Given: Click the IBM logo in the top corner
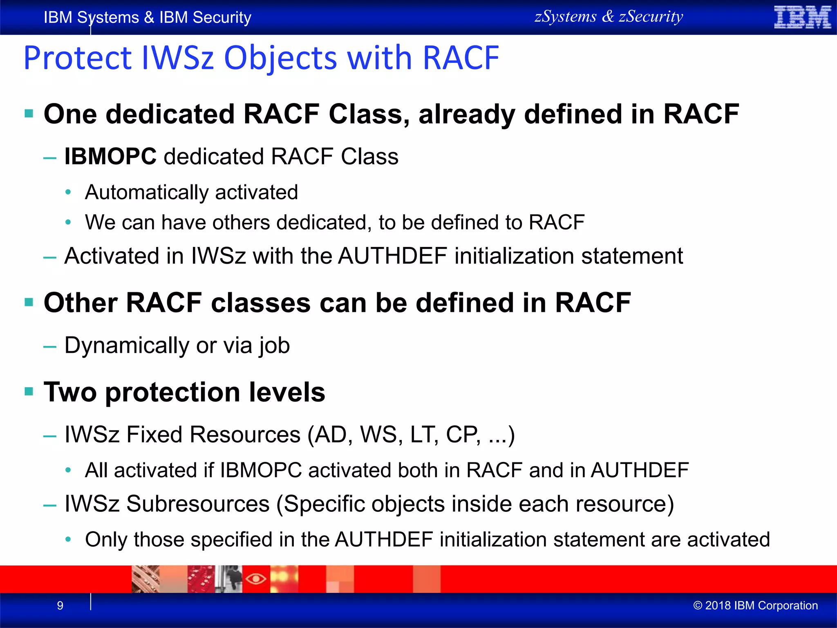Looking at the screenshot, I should coord(802,18).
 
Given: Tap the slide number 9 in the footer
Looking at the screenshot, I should coord(60,606).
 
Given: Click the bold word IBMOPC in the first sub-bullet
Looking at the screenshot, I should coord(110,157).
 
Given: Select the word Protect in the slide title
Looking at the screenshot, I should coord(78,58).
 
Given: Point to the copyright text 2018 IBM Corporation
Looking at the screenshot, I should coord(756,606).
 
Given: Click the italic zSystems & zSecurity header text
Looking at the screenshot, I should coord(609,17).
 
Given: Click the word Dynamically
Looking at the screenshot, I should coord(126,345).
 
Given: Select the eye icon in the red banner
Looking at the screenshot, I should coord(256,579).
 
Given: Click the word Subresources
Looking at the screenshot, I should coord(198,504).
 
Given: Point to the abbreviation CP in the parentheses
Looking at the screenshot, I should coord(462,435).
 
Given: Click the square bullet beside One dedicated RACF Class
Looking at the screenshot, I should coord(29,114).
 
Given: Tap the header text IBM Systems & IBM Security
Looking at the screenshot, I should coord(147,18).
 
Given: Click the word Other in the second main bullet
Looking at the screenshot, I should coord(81,303).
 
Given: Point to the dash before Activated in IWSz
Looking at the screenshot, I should coord(50,257).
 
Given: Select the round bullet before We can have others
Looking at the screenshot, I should coord(68,222).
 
